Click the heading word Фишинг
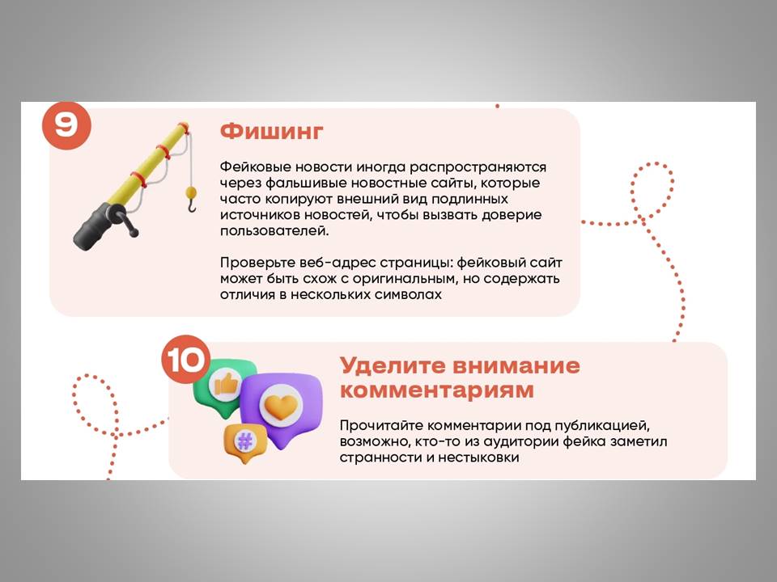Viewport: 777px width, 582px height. point(272,132)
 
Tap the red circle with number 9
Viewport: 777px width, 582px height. point(66,125)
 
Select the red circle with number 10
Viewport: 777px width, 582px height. point(186,359)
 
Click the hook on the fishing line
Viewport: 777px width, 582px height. point(192,205)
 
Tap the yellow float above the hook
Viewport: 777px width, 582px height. point(191,192)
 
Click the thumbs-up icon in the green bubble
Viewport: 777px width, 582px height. point(226,385)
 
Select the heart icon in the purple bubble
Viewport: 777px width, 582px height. point(281,407)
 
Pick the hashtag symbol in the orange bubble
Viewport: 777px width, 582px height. point(244,440)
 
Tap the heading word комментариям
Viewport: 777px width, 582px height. point(437,390)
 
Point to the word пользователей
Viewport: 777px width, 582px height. point(274,230)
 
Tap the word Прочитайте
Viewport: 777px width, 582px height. point(381,426)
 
